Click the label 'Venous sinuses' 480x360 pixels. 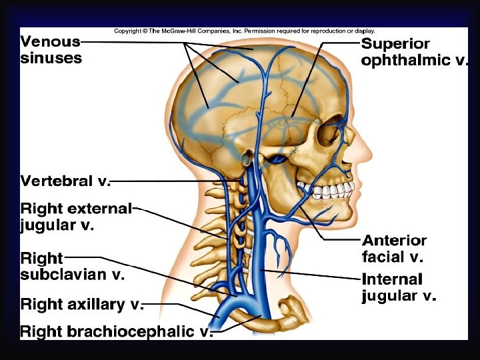pos(51,50)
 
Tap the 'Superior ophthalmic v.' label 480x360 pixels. pos(414,51)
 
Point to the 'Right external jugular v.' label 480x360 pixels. pos(76,216)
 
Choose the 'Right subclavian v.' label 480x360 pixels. pos(73,265)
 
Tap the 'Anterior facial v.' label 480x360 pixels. pos(394,247)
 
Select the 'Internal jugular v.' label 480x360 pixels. pos(398,287)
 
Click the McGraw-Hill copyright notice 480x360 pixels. pos(244,31)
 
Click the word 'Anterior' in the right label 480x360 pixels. pos(394,240)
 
